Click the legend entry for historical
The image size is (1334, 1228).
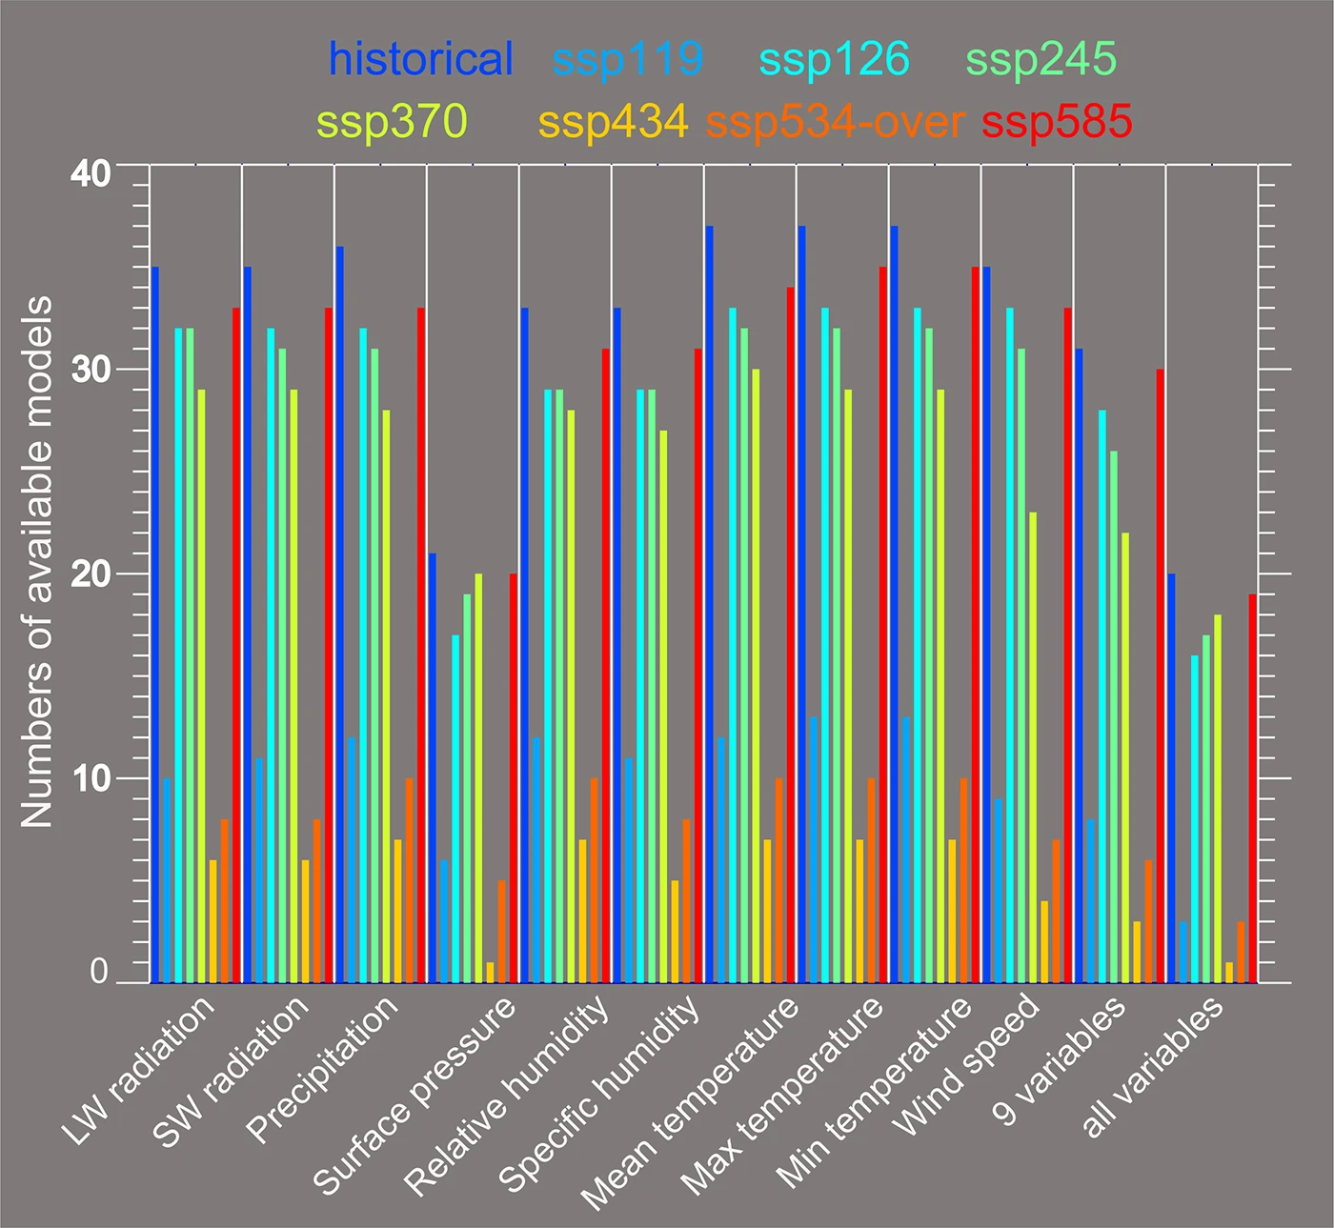click(420, 59)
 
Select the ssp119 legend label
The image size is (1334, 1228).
click(627, 59)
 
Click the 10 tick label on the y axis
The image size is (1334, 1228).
click(91, 778)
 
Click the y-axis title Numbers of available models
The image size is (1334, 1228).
click(37, 562)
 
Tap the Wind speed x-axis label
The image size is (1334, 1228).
click(965, 1064)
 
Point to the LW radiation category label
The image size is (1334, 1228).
click(138, 1071)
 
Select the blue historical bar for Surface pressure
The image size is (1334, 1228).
click(433, 768)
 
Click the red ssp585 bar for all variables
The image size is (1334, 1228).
click(1252, 788)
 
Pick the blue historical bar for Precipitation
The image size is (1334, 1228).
click(340, 614)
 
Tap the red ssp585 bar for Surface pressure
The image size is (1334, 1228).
click(514, 777)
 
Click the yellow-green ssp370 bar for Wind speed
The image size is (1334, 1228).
click(1033, 747)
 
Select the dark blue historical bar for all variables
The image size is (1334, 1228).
click(1171, 777)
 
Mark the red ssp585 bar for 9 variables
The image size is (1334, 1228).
click(1160, 675)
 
